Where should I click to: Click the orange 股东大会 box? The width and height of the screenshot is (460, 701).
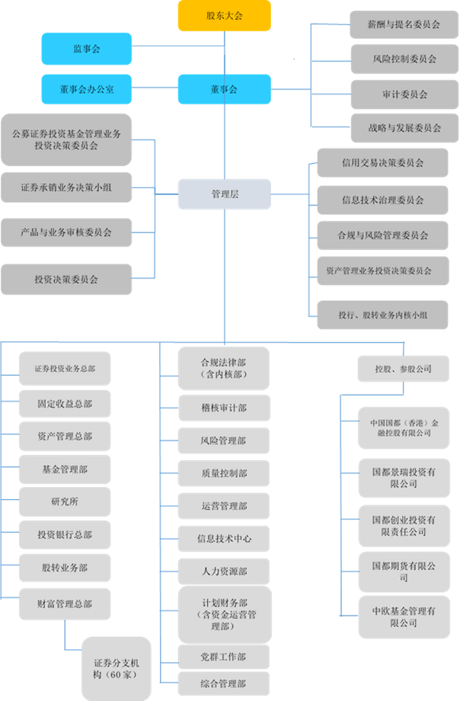click(225, 16)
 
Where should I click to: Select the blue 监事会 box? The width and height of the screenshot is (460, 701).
click(87, 49)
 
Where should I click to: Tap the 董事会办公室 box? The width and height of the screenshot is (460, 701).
click(87, 89)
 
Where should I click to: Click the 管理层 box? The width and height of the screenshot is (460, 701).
click(225, 194)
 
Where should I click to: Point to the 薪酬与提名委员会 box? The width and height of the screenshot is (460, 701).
click(404, 24)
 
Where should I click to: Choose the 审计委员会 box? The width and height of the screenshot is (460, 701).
click(404, 94)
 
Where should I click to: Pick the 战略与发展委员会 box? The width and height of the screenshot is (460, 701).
click(404, 128)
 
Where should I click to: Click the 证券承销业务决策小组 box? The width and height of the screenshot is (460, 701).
click(66, 187)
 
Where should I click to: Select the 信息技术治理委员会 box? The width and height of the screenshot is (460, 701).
click(382, 200)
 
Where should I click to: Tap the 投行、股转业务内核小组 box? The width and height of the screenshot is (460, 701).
click(382, 315)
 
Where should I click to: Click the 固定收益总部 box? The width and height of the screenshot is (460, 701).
click(65, 404)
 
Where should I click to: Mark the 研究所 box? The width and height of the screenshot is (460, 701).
click(65, 501)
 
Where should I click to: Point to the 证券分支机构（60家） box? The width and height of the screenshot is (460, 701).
click(117, 669)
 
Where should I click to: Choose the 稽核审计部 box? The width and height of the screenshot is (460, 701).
click(225, 408)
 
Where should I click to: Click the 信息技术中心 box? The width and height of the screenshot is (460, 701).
click(224, 539)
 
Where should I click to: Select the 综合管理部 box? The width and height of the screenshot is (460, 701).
click(224, 683)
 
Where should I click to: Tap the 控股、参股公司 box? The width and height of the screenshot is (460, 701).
click(403, 369)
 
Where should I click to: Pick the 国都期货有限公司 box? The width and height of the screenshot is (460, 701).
click(404, 571)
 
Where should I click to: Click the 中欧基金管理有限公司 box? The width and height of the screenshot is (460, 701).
click(404, 617)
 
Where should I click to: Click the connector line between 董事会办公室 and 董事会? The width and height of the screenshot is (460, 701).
click(155, 88)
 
